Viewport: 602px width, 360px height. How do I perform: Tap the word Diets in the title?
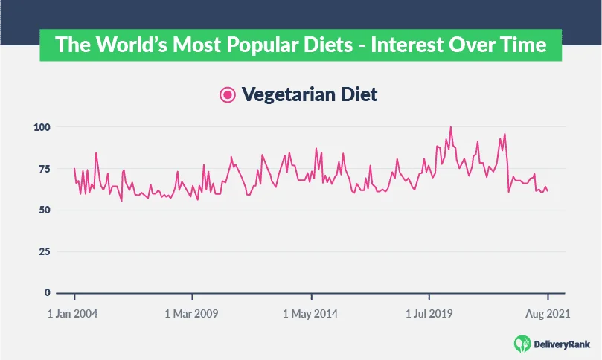point(323,45)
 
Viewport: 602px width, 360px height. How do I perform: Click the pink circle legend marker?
point(228,95)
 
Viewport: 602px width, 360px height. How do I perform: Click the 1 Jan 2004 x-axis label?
point(72,314)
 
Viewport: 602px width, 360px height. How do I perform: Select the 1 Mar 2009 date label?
point(191,314)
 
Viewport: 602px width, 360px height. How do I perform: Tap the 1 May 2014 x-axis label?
point(310,314)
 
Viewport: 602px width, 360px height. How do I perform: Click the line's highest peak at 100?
point(450,127)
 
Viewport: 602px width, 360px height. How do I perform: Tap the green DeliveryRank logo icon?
point(522,343)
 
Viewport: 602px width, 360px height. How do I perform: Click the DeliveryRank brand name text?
point(563,343)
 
